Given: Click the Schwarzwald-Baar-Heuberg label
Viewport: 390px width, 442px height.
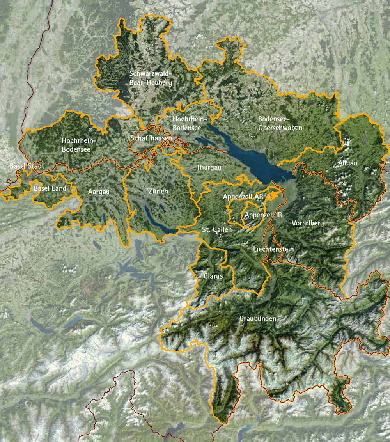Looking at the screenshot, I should (x=151, y=78).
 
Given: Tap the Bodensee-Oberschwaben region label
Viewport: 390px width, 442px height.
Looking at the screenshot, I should (x=280, y=122).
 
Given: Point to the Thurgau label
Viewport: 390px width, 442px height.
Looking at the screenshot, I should (x=209, y=167).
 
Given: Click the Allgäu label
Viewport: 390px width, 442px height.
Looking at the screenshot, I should (x=347, y=163).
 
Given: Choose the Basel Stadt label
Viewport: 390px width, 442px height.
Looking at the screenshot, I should (x=27, y=166).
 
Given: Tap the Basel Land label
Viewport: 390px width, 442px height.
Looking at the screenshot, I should (x=50, y=189).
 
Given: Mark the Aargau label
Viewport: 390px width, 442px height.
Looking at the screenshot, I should (x=99, y=192).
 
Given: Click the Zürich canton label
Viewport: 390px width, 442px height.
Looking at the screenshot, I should (x=158, y=191).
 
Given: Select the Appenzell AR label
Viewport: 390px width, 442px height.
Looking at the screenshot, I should (x=243, y=197).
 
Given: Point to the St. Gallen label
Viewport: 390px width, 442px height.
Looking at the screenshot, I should (x=217, y=230).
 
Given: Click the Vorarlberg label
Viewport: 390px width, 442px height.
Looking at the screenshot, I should (x=308, y=224).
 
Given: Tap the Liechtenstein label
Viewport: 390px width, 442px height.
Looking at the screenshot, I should (x=273, y=249).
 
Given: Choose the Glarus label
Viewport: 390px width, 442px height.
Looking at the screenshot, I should (x=213, y=276).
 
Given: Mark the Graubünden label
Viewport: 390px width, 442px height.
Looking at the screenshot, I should (x=257, y=319).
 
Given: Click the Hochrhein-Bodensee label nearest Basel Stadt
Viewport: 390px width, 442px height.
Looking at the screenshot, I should (x=79, y=144).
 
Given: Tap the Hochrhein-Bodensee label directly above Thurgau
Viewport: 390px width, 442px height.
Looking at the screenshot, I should (x=187, y=123).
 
